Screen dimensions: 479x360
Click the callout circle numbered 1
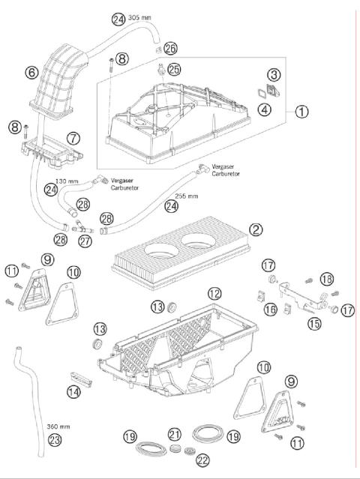point(301,112)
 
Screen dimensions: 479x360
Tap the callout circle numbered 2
point(256,229)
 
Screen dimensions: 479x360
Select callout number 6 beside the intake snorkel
point(31,73)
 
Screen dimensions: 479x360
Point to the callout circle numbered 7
point(73,139)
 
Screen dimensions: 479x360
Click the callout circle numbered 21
point(175,434)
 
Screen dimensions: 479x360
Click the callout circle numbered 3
point(274,74)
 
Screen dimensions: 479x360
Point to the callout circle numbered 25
point(174,69)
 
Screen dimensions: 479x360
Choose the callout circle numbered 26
point(171,47)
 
